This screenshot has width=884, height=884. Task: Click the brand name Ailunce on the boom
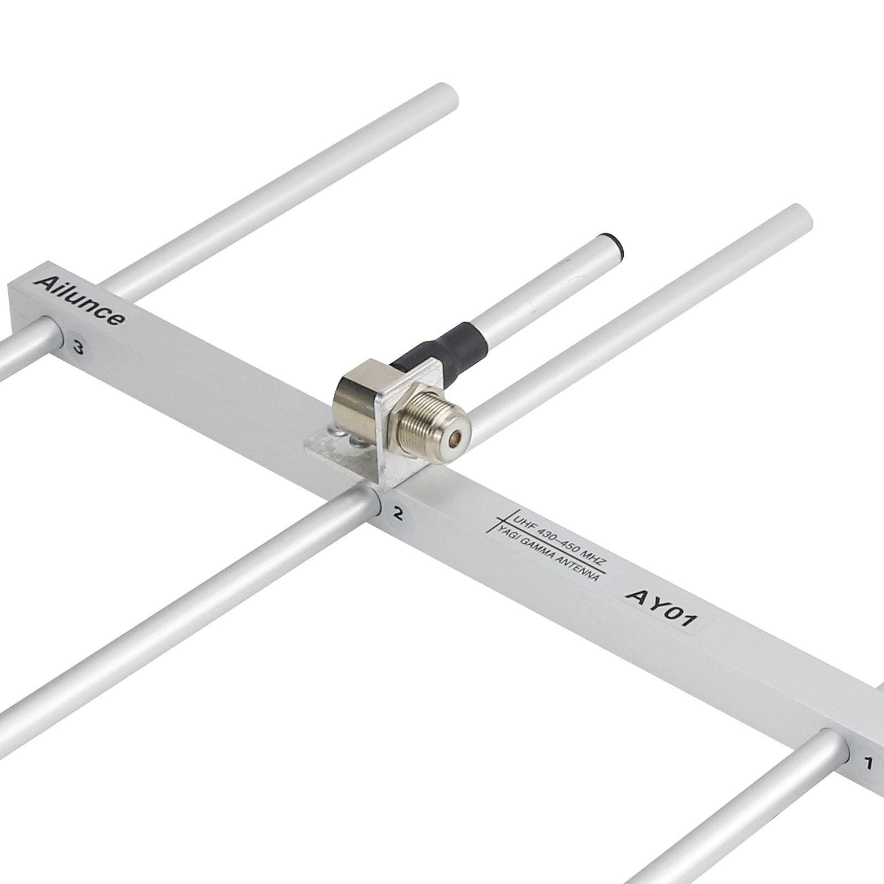79,301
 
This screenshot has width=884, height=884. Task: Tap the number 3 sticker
78,348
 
